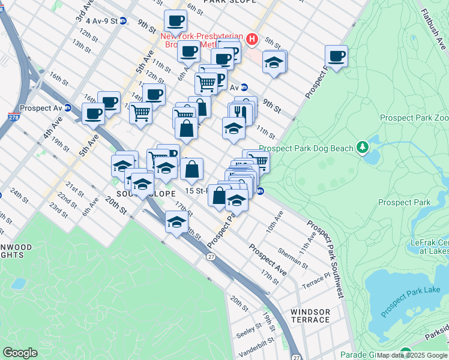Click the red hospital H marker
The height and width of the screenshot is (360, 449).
252,40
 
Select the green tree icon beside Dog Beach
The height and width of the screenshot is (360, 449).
362,146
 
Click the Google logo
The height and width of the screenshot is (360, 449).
20,353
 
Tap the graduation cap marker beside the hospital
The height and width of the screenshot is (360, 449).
274,62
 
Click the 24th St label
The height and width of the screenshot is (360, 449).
19,195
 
